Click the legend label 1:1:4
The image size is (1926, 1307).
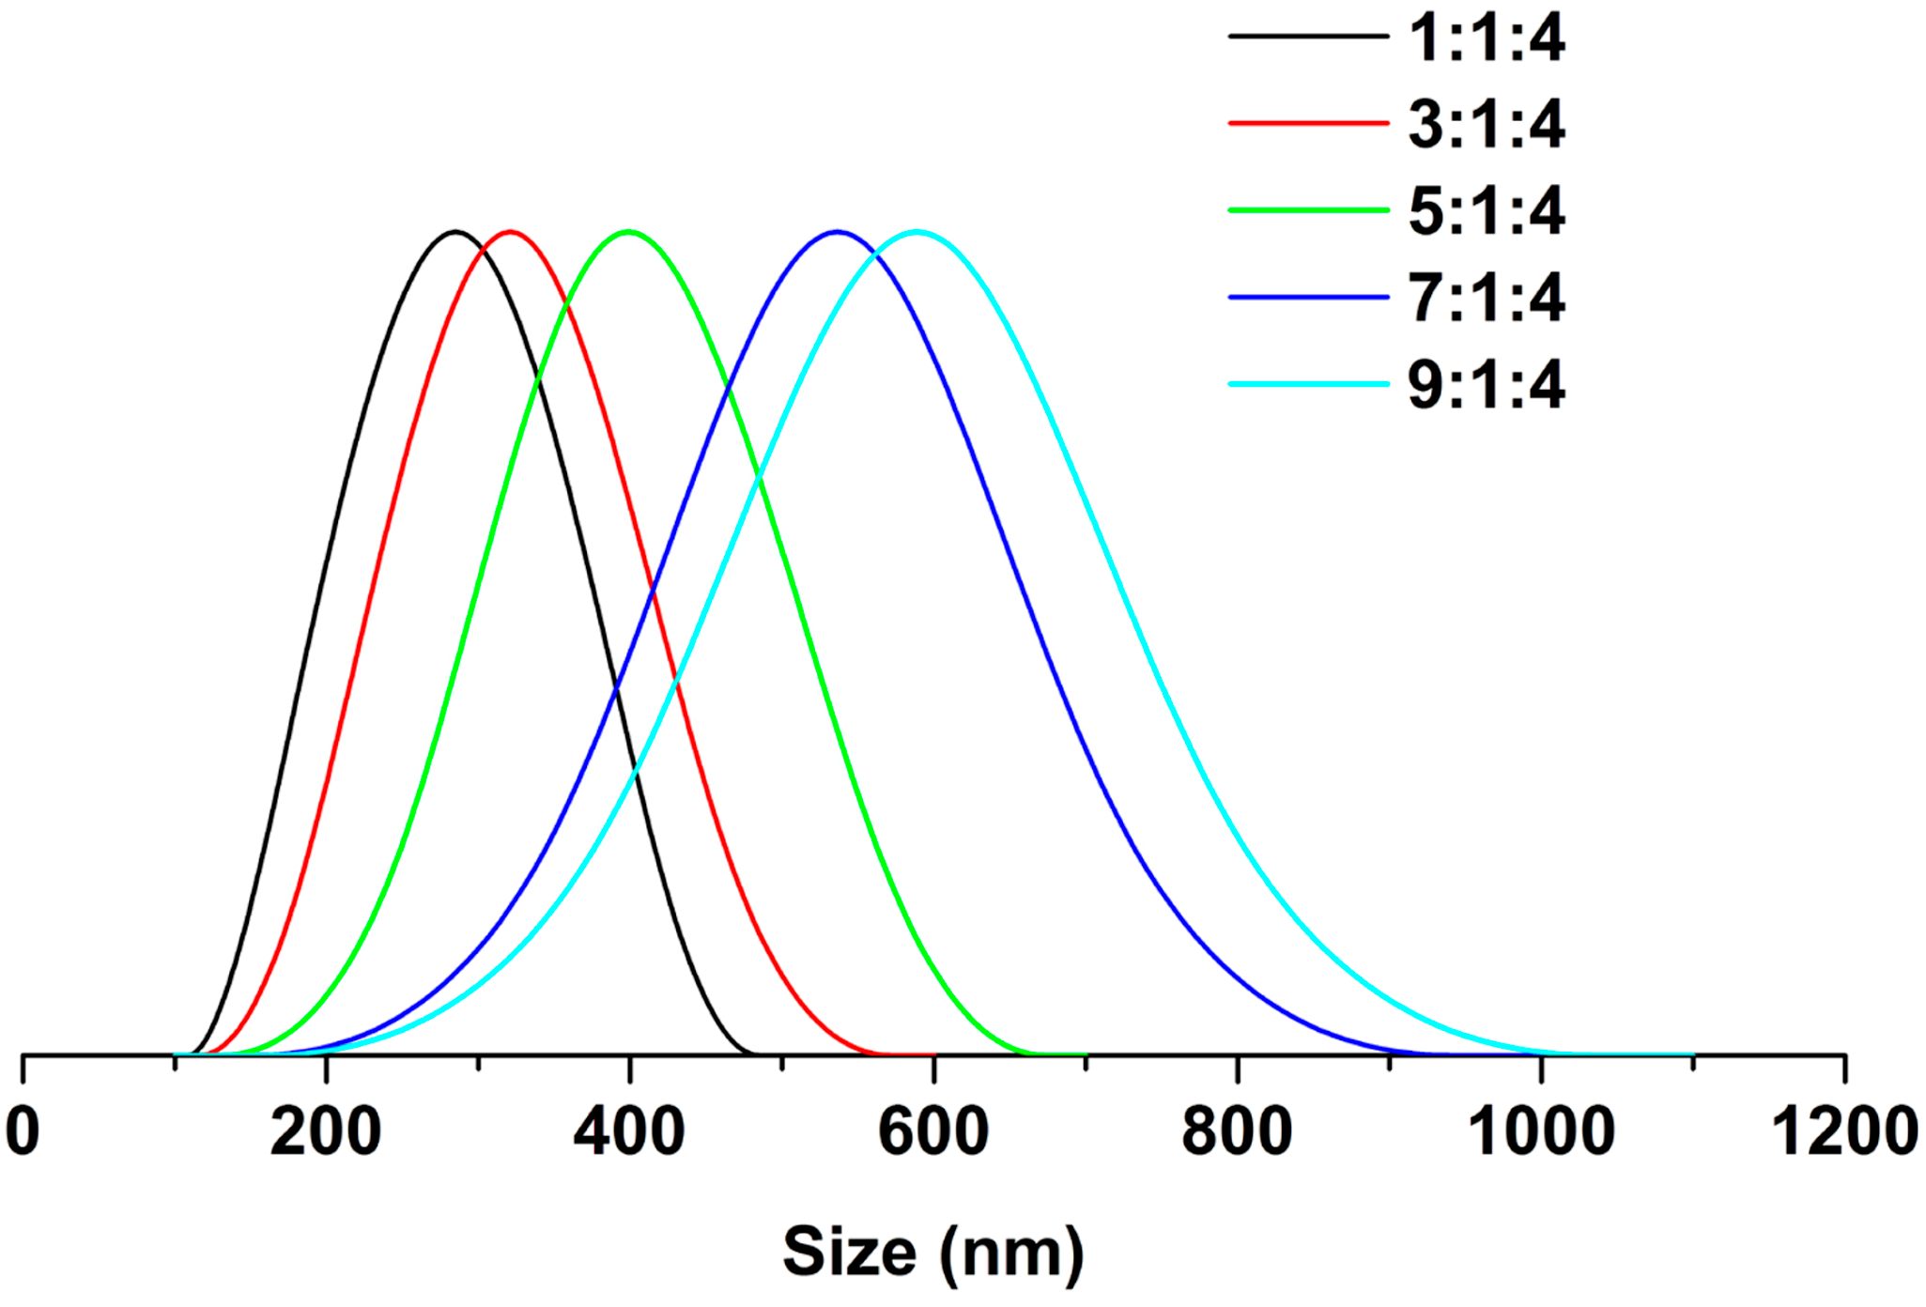tap(1486, 38)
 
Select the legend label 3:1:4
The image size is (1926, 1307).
tap(1486, 124)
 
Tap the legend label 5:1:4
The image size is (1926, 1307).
tap(1486, 210)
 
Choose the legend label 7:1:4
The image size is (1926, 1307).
tap(1486, 298)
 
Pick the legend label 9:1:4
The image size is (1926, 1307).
tap(1486, 385)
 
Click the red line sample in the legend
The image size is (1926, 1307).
tap(1308, 123)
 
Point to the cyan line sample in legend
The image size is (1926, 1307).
tap(1308, 384)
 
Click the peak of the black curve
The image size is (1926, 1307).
tap(455, 231)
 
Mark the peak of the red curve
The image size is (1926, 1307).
tap(510, 231)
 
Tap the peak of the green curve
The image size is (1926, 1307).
tap(628, 231)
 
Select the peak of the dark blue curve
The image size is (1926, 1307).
tap(837, 231)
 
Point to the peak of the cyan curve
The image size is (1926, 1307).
tap(917, 231)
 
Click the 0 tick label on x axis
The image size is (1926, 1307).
tap(23, 1131)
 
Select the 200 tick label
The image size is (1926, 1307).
tap(326, 1131)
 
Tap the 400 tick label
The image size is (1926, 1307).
tap(629, 1131)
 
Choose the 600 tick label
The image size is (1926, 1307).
tap(933, 1131)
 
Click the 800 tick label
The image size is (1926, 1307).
tap(1237, 1131)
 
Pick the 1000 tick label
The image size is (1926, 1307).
tap(1541, 1131)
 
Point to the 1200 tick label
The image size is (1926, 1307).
tap(1844, 1131)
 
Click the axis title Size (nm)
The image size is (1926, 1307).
tap(933, 1253)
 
